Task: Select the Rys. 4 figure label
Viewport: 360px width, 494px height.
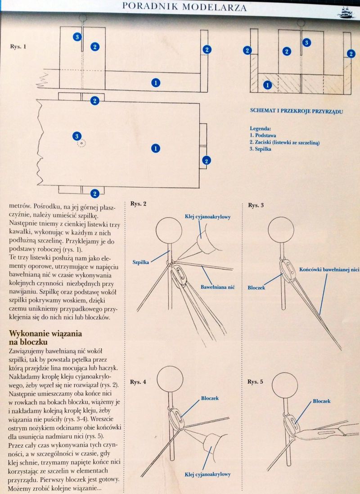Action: [x=139, y=382]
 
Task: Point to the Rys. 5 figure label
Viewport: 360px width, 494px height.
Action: [x=255, y=382]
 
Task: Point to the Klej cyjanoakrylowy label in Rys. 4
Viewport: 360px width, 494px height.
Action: [x=207, y=474]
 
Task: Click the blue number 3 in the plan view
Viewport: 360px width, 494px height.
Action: [x=77, y=136]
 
